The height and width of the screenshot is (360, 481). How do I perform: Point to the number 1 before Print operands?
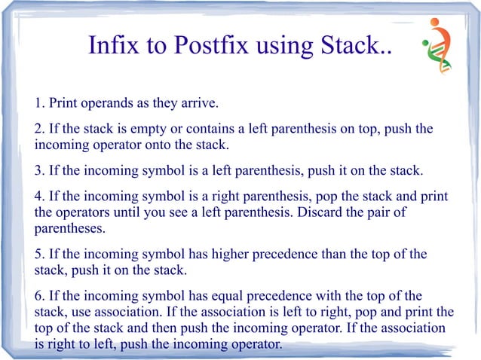point(38,102)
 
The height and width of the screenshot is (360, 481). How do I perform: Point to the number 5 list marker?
point(38,254)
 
